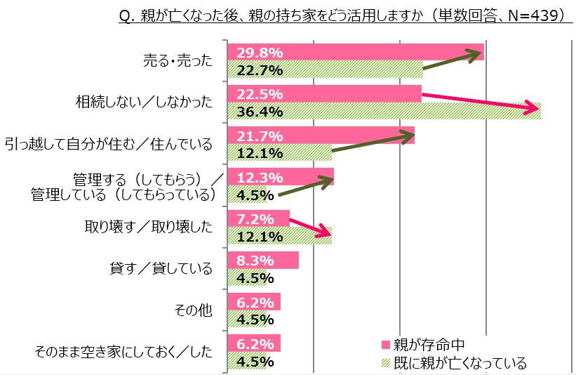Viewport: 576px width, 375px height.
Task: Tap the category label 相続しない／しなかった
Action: point(144,103)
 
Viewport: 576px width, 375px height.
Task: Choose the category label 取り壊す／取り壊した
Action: point(148,227)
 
